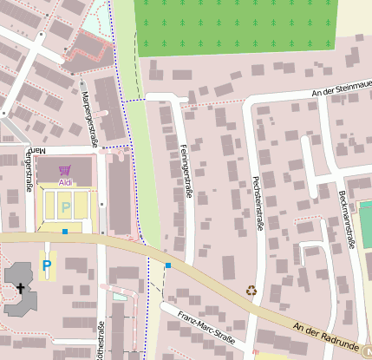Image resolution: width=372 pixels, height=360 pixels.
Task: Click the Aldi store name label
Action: click(65, 183)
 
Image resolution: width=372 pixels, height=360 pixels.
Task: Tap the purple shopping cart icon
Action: click(65, 171)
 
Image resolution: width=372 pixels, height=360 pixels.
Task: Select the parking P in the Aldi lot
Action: click(65, 208)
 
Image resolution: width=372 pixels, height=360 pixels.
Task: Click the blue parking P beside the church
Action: click(47, 265)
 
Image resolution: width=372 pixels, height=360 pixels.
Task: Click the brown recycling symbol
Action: click(251, 291)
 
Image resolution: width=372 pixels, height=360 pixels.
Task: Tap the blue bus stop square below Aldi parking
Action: click(65, 232)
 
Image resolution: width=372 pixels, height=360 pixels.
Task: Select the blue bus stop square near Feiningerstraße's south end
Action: click(168, 265)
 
